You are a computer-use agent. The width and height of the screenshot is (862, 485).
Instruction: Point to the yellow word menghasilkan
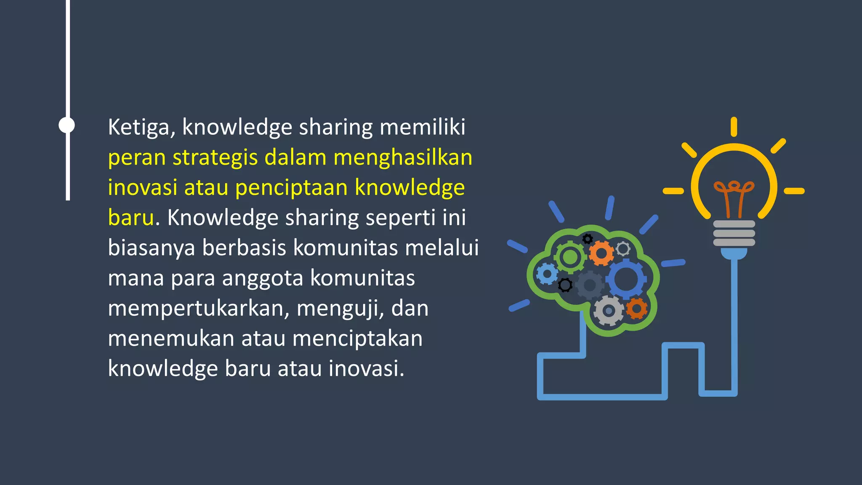tap(403, 157)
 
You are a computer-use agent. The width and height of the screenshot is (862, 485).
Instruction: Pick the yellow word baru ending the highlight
tap(131, 218)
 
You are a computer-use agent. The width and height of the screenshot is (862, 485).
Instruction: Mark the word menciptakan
tap(357, 338)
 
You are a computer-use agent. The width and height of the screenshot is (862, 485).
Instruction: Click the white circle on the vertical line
tap(67, 125)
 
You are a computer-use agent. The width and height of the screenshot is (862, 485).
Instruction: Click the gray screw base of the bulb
tap(734, 233)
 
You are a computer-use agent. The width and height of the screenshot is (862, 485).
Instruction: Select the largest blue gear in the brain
tap(625, 279)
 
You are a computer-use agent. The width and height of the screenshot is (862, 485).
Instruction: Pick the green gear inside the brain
tap(570, 257)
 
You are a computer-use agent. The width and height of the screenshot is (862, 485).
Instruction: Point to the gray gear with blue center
tap(608, 311)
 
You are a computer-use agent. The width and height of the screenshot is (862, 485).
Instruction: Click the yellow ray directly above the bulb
tap(734, 127)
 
